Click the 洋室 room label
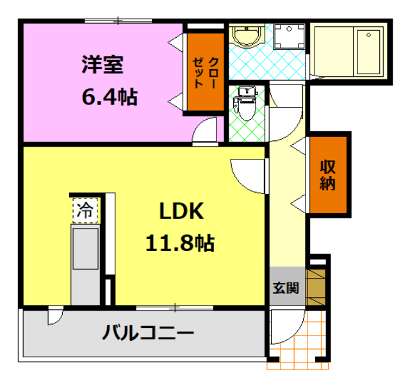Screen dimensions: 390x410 [102, 65]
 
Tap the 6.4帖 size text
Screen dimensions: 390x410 [109, 97]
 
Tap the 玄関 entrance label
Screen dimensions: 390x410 [286, 288]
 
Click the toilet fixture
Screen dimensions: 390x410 [245, 104]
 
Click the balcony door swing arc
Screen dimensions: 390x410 [55, 316]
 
